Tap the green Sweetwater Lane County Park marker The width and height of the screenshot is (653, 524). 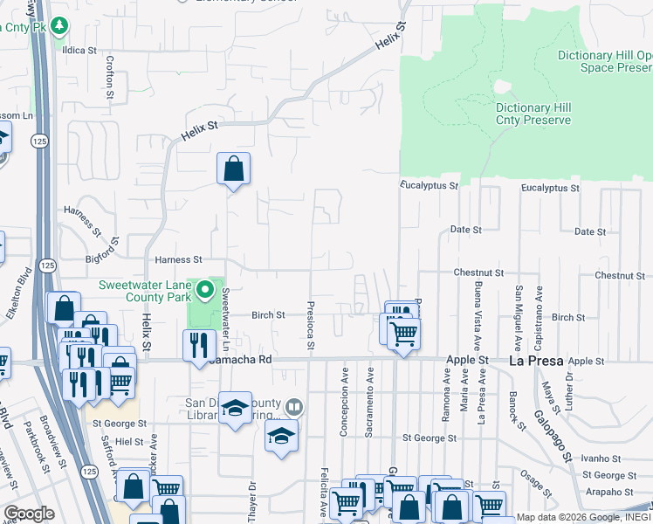pos(206,288)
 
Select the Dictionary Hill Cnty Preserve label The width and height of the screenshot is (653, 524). pos(533,114)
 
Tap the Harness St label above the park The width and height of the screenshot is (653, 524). pos(178,259)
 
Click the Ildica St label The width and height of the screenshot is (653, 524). pos(79,50)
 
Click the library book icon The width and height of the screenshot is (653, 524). pos(294,407)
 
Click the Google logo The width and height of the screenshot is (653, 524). pos(29,514)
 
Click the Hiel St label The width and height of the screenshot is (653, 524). pos(128,443)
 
